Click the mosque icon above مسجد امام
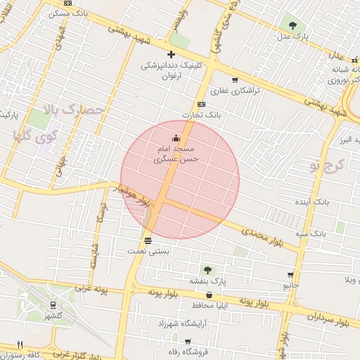tap(175, 139)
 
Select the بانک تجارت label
tap(218, 113)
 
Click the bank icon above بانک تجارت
tap(202, 104)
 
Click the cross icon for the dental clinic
tap(170, 54)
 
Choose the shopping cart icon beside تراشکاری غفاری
tap(234, 79)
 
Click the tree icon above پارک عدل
tap(292, 25)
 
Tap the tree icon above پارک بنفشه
tap(207, 269)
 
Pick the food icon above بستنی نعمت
tap(147, 240)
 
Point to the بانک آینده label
tap(311, 202)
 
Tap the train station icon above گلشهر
tap(53, 304)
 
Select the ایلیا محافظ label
tap(211, 305)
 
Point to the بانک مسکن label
tap(71, 13)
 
